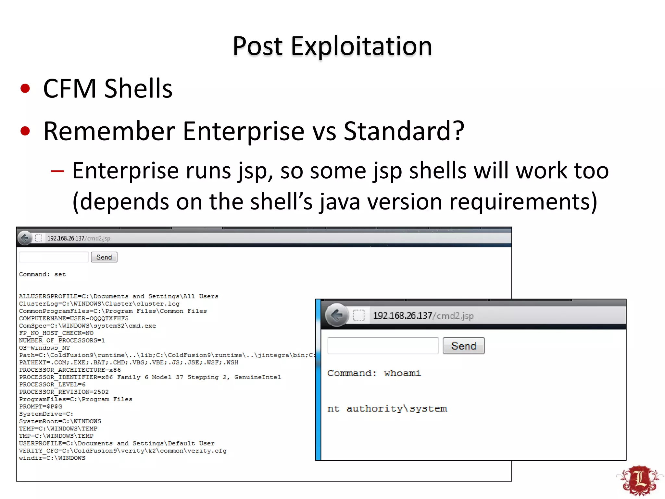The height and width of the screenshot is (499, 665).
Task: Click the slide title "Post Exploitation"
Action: (332, 46)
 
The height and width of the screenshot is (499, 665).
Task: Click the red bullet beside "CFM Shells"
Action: (25, 88)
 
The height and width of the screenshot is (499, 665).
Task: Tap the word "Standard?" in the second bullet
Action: (404, 131)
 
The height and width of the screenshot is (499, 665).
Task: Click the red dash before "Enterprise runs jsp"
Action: (57, 171)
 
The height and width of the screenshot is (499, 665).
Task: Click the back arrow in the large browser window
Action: (25, 238)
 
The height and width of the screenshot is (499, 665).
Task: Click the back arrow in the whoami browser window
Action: (337, 315)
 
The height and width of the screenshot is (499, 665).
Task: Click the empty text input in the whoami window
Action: (383, 346)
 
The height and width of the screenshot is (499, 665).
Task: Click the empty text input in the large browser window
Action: (54, 257)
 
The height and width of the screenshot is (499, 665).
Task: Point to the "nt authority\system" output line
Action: (387, 409)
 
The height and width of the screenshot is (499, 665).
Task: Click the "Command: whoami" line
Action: (374, 373)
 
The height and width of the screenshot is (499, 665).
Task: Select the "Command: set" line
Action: (42, 275)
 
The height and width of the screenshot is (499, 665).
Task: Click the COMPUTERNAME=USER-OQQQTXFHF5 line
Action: (74, 318)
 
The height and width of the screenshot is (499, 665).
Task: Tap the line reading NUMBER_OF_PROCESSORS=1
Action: (62, 340)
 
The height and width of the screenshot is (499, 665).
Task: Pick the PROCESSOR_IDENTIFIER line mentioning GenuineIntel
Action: (150, 377)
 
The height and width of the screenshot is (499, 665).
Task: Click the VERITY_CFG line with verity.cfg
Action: (123, 451)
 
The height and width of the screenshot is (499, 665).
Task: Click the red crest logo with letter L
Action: (640, 480)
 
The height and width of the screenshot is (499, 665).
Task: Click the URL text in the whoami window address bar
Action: (423, 316)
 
